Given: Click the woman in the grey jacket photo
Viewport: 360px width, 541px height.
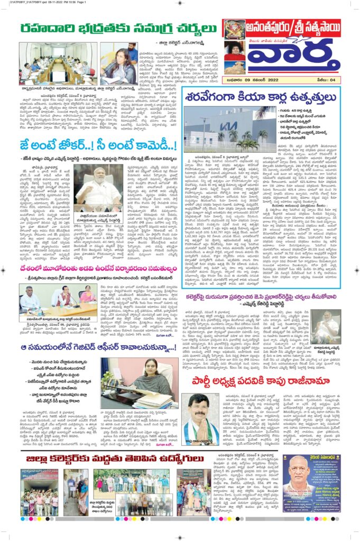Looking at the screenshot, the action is click(x=119, y=63).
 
